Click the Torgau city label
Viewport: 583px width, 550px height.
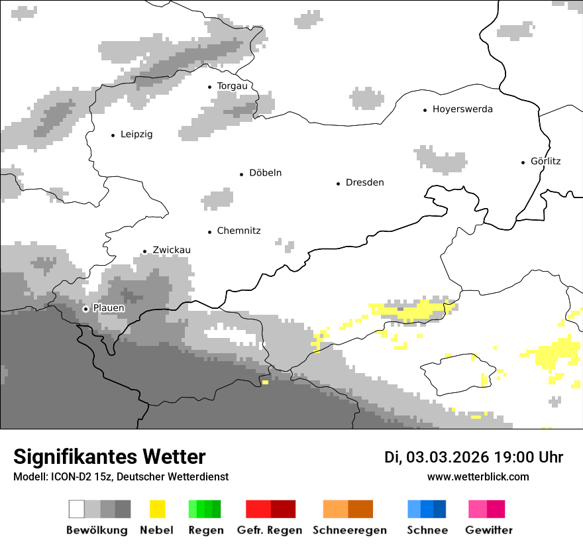tap(232, 86)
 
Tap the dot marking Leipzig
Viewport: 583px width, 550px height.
tap(113, 135)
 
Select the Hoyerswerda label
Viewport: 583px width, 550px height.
tap(462, 109)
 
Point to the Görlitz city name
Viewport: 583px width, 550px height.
tap(545, 161)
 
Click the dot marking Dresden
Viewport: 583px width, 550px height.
tap(338, 183)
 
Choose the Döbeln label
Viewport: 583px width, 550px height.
tap(265, 173)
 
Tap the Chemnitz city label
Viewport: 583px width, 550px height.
tap(238, 231)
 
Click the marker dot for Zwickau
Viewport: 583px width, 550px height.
tap(144, 251)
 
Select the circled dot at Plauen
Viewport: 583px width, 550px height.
tap(85, 309)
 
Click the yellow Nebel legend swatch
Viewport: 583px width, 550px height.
tap(157, 509)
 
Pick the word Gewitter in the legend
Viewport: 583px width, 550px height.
tap(489, 530)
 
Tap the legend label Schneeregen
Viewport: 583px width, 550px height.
tap(350, 530)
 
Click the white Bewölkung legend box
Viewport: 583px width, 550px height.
tap(77, 509)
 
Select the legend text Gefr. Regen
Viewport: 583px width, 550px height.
tap(270, 530)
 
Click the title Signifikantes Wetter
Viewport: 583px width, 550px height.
tap(109, 457)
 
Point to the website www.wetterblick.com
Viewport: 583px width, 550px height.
tap(478, 476)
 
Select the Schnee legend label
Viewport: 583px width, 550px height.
tap(427, 530)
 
